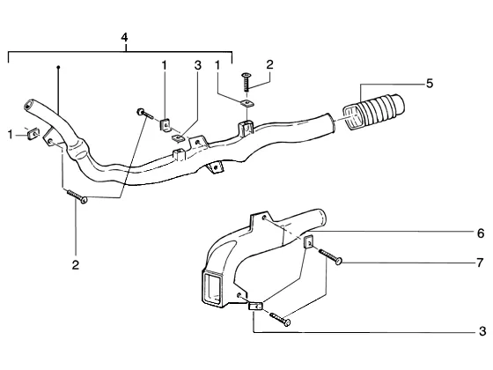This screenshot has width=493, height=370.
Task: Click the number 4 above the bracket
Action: [124, 38]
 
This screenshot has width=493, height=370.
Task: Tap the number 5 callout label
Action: [430, 84]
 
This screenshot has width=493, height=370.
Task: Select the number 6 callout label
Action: [481, 233]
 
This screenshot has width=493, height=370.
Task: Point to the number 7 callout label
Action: [480, 263]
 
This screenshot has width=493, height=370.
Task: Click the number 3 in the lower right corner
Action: [482, 331]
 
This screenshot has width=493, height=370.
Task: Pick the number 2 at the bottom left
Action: [76, 265]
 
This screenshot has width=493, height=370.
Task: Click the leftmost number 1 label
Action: [11, 135]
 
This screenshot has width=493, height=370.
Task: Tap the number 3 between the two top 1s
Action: [197, 65]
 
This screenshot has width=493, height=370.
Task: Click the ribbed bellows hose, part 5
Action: [373, 111]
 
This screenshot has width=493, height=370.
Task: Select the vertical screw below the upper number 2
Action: [246, 82]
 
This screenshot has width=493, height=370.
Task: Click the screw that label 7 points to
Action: [330, 256]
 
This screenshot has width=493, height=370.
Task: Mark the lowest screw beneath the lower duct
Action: [280, 319]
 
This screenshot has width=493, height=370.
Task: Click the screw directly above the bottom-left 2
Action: [77, 196]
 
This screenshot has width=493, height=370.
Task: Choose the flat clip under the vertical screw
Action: [247, 104]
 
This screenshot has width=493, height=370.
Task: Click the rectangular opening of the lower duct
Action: [212, 287]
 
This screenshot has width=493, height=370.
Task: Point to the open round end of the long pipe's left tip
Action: [28, 105]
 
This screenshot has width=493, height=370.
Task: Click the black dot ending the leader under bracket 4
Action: [58, 67]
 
